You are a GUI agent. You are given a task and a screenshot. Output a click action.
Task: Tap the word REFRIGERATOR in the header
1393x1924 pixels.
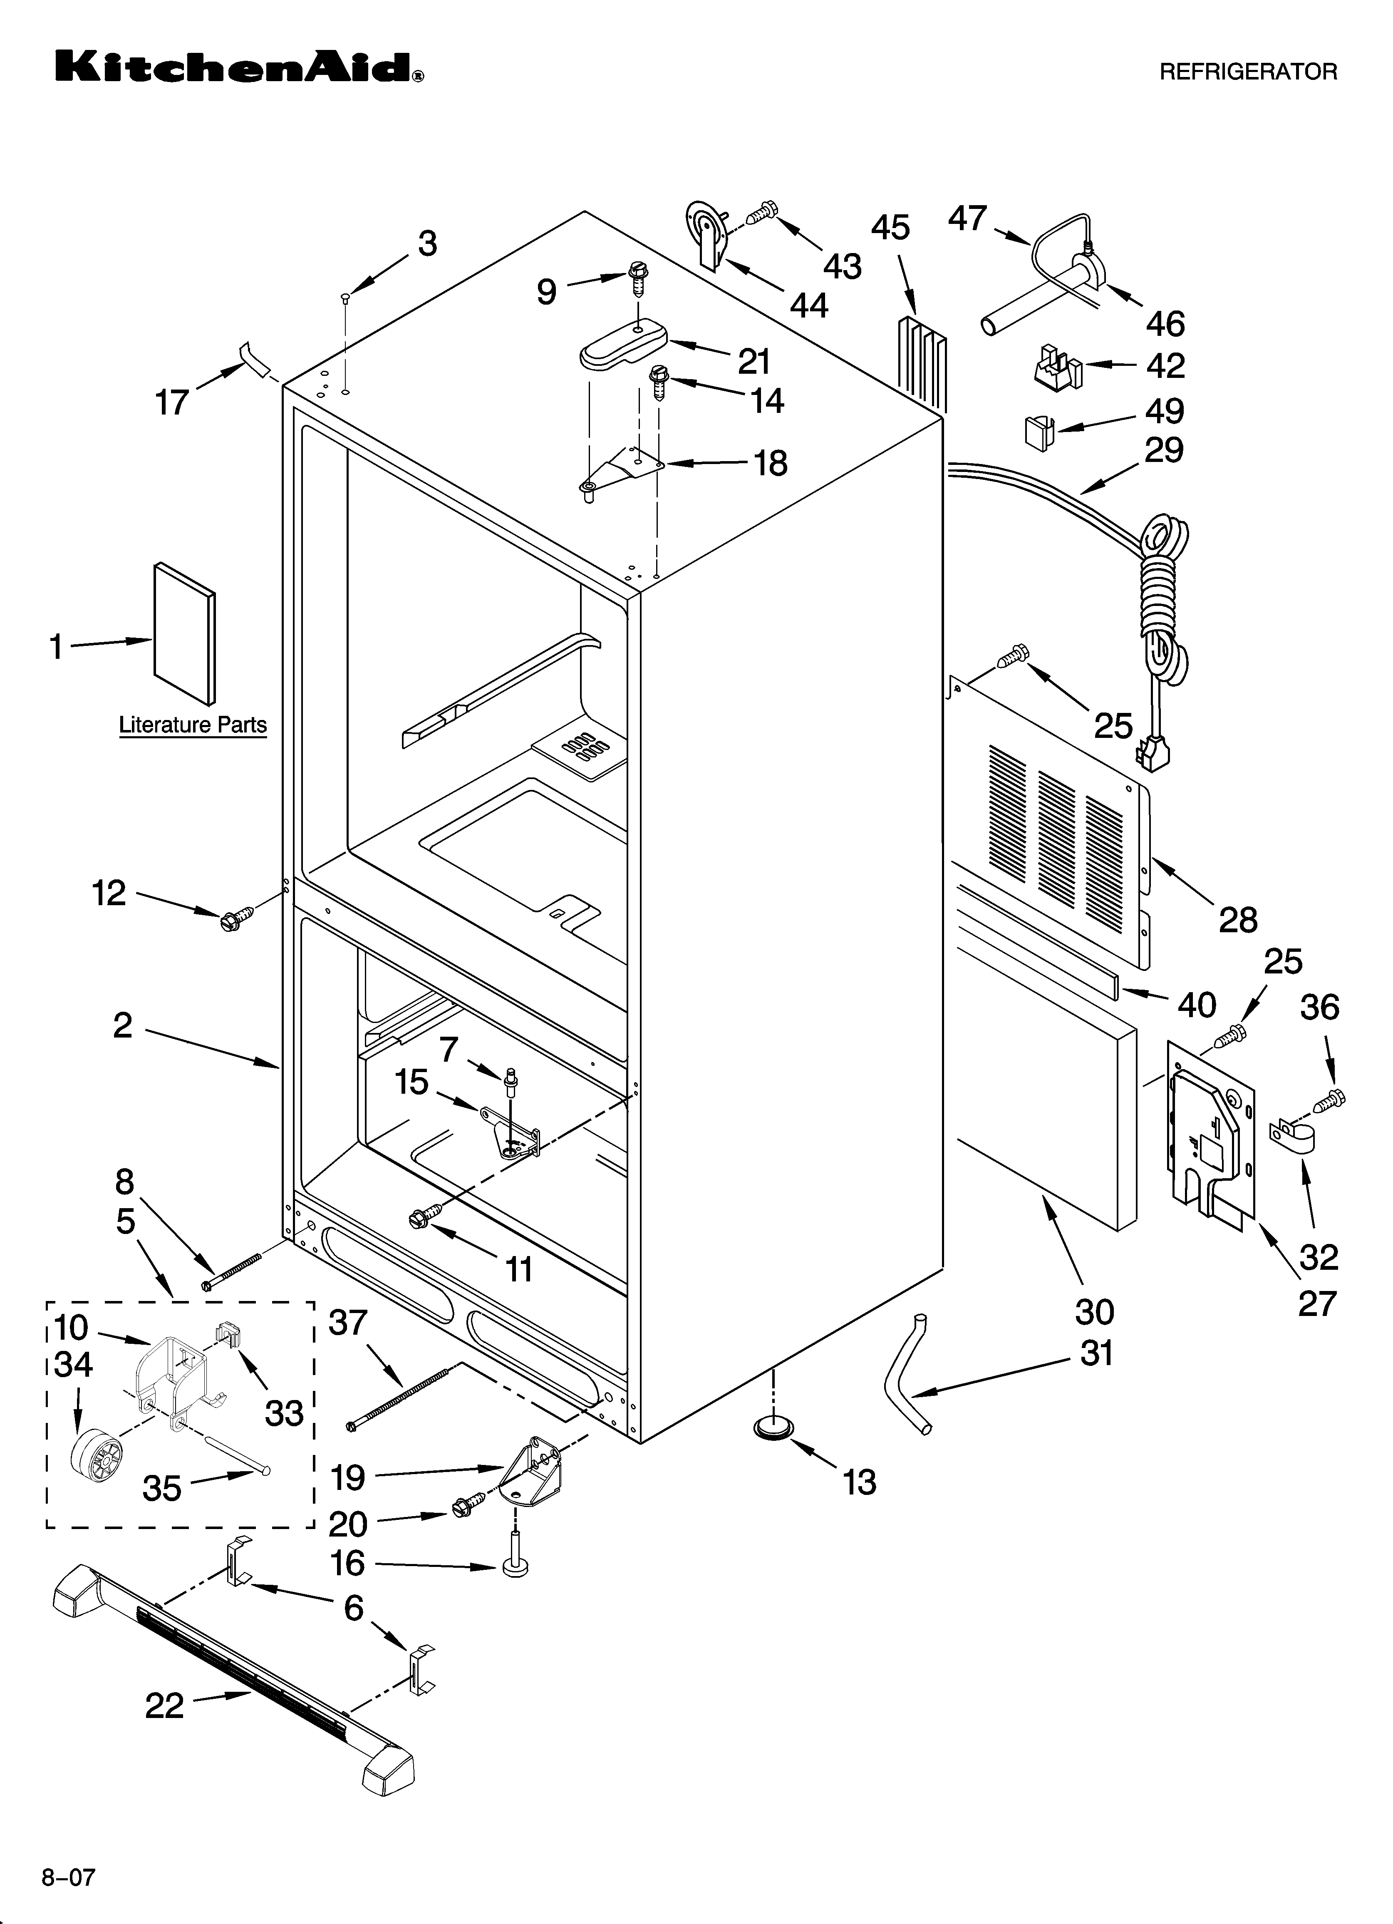[x=1248, y=72]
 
